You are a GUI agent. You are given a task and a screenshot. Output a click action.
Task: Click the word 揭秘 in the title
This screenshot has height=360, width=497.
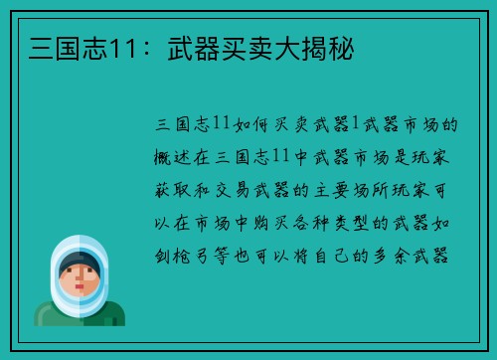click(335, 48)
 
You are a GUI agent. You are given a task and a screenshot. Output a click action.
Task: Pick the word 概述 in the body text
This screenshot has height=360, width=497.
click(178, 157)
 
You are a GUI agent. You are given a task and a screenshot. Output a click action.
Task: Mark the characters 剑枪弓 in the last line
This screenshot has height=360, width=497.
click(190, 256)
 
